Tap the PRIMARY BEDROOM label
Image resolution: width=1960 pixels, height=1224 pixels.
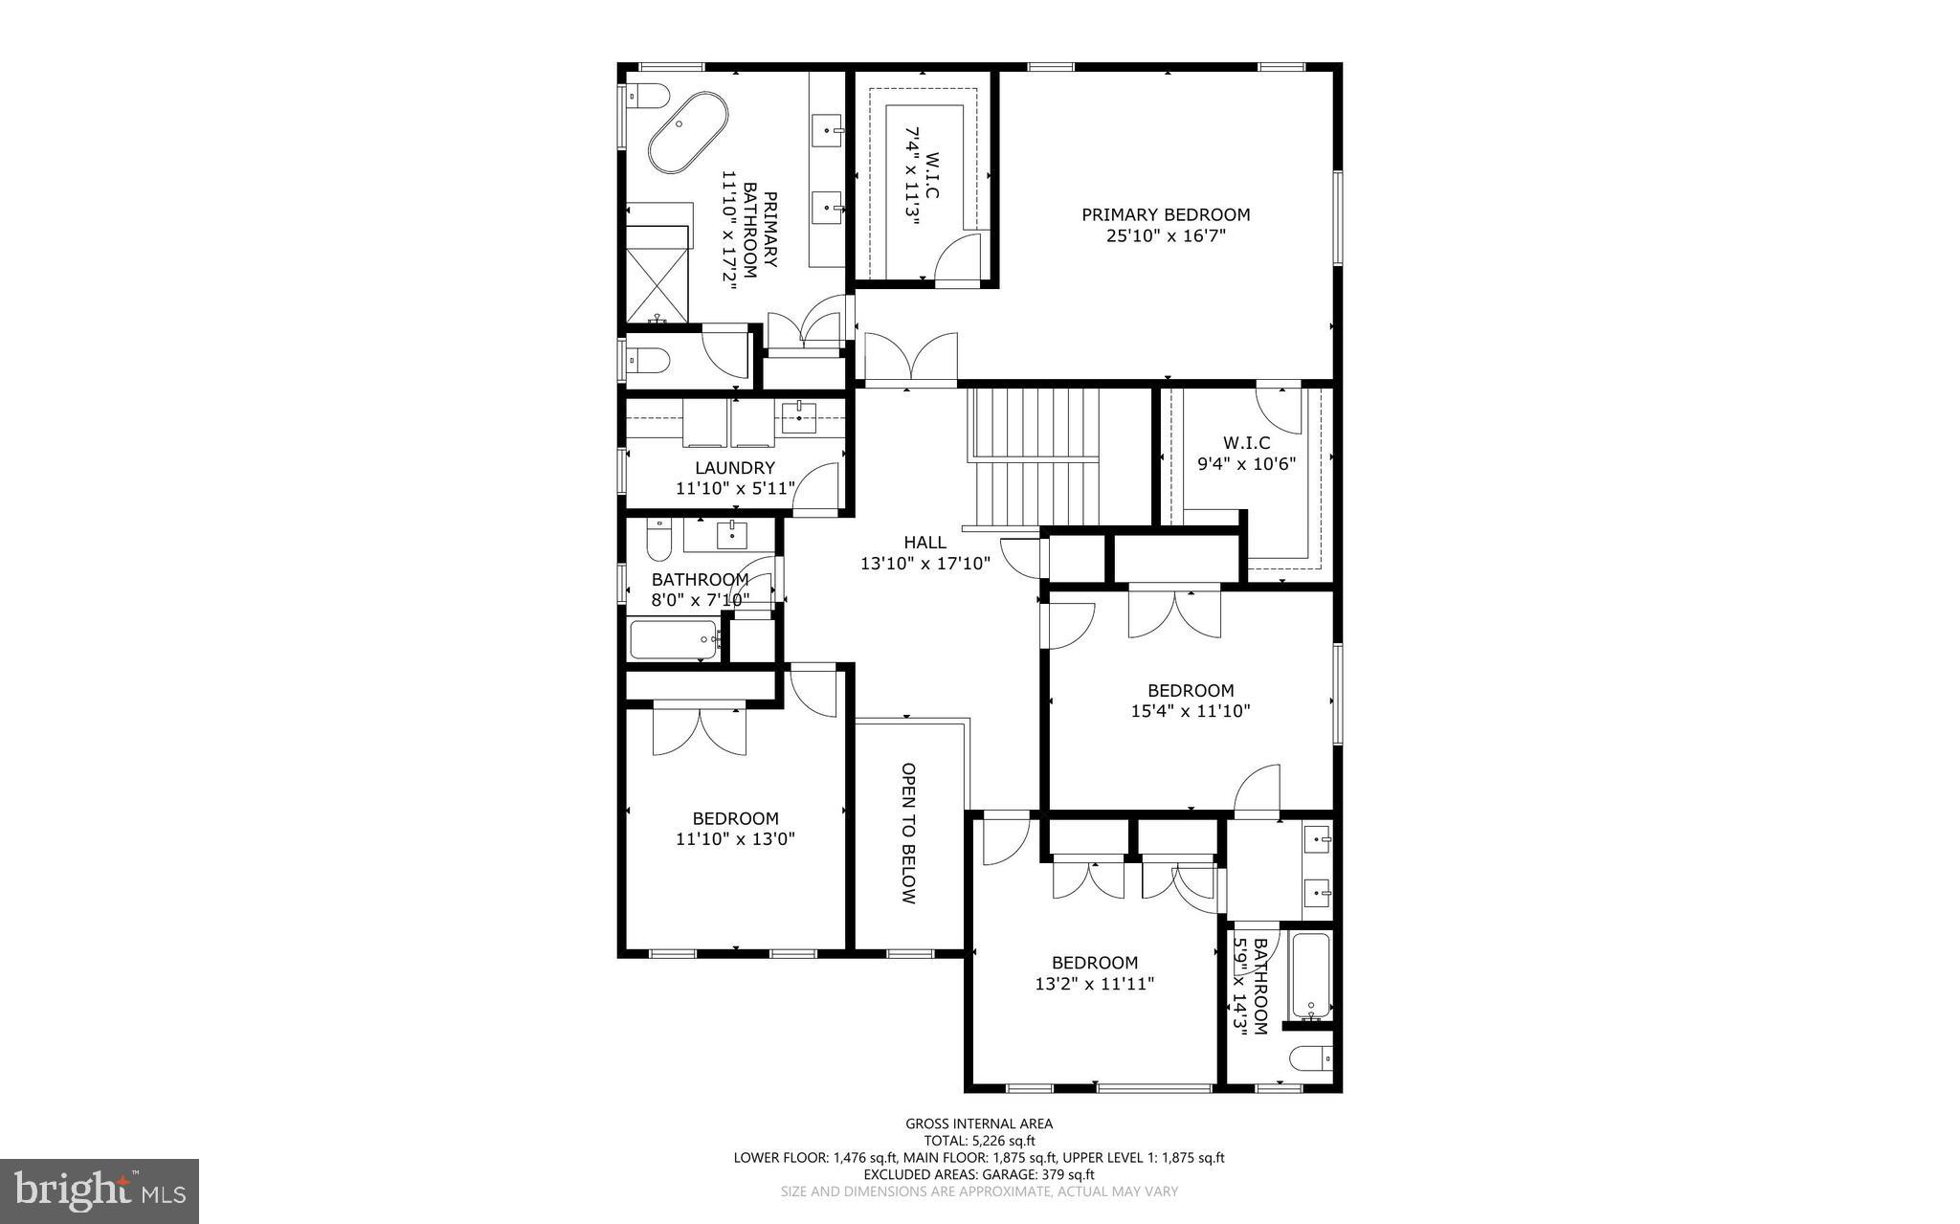pyautogui.click(x=1166, y=214)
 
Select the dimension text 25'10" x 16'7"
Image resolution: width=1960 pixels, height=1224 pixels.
pyautogui.click(x=1166, y=234)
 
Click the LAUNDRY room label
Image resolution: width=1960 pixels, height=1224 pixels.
pyautogui.click(x=734, y=468)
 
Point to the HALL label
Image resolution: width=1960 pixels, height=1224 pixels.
pyautogui.click(x=924, y=543)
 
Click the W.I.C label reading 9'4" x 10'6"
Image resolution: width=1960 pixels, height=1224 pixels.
pyautogui.click(x=1246, y=443)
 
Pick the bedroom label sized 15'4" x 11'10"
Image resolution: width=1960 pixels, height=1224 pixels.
pyautogui.click(x=1191, y=690)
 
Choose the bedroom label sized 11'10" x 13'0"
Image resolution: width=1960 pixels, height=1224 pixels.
pyautogui.click(x=735, y=818)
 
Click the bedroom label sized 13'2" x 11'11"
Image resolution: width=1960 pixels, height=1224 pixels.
pyautogui.click(x=1095, y=963)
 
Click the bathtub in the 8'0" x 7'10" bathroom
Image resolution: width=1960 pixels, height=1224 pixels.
pyautogui.click(x=674, y=639)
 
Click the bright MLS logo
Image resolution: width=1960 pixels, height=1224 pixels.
pyautogui.click(x=100, y=1190)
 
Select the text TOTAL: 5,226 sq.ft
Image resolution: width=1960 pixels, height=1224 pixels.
pyautogui.click(x=979, y=1141)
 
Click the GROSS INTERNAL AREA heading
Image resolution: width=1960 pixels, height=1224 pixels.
pyautogui.click(x=979, y=1124)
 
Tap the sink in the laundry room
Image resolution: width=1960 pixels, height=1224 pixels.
pyautogui.click(x=797, y=416)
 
